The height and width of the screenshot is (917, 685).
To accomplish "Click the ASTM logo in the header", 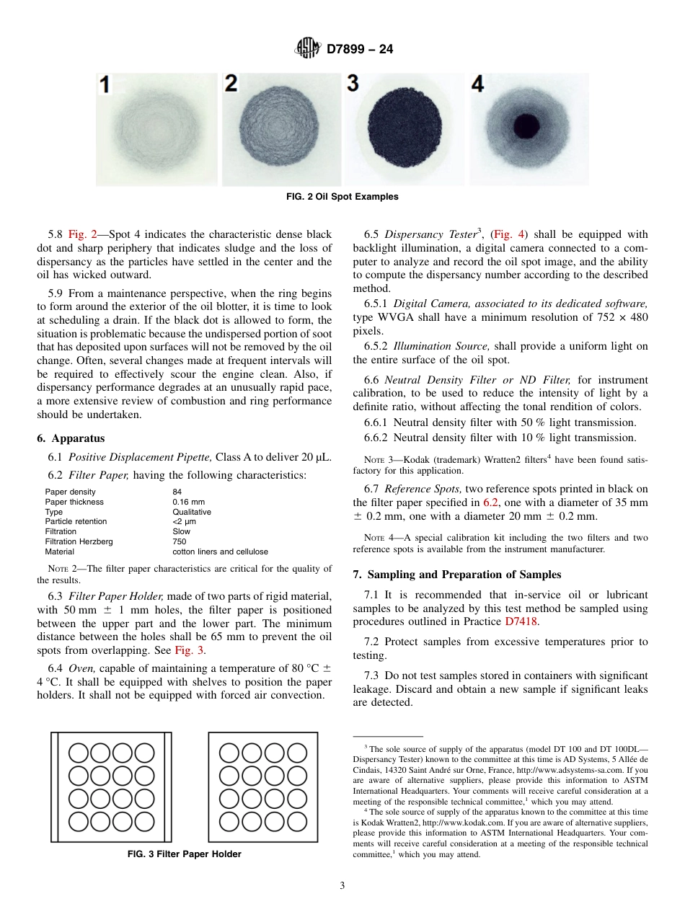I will pos(309,49).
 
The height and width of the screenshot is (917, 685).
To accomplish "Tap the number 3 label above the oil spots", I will pos(353,84).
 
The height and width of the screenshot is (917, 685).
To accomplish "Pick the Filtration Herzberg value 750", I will pos(180,541).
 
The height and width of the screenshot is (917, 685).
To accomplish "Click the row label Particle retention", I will pos(76,521).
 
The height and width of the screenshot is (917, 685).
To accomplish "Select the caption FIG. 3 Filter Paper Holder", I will pos(184,854).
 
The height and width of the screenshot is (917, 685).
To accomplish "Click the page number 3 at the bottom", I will pos(342,886).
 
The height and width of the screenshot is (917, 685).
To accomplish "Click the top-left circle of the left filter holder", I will pos(79,753).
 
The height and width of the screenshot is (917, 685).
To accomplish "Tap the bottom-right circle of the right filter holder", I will pos(297,821).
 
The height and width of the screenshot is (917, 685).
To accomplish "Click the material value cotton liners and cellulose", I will pos(220,551).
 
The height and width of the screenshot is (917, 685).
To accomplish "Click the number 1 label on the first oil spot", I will pos(105,86).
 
